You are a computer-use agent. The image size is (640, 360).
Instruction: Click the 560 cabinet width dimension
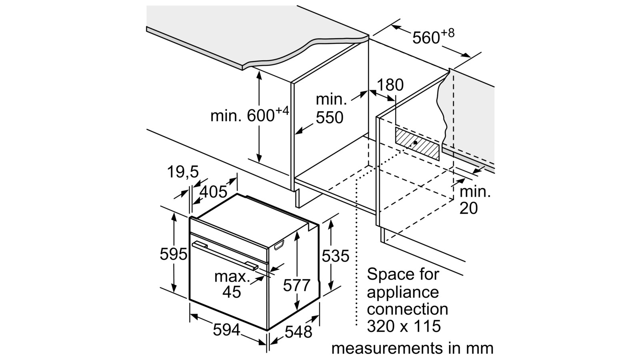pyautogui.click(x=426, y=38)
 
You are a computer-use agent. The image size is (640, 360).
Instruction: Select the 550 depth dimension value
pyautogui.click(x=330, y=118)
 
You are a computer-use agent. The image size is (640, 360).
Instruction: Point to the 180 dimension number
pyautogui.click(x=390, y=85)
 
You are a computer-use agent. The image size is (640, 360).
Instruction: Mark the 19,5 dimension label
pyautogui.click(x=183, y=172)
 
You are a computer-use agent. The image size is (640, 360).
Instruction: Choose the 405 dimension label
pyautogui.click(x=213, y=192)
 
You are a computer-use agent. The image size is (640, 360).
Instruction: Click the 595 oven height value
pyautogui.click(x=173, y=254)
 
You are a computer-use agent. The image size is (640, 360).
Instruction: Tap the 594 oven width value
pyautogui.click(x=226, y=330)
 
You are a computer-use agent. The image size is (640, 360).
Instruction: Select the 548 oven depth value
pyautogui.click(x=298, y=332)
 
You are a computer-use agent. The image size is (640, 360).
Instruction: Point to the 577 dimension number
pyautogui.click(x=296, y=286)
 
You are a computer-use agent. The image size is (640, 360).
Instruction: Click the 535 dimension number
pyautogui.click(x=335, y=256)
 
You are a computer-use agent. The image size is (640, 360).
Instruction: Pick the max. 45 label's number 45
pyautogui.click(x=232, y=292)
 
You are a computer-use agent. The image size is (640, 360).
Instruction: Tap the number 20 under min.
pyautogui.click(x=468, y=208)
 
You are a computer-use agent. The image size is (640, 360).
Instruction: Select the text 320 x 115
pyautogui.click(x=404, y=326)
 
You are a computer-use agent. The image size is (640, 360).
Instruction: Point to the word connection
pyautogui.click(x=407, y=309)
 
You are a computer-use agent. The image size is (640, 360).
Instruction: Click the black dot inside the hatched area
pyautogui.click(x=416, y=142)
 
